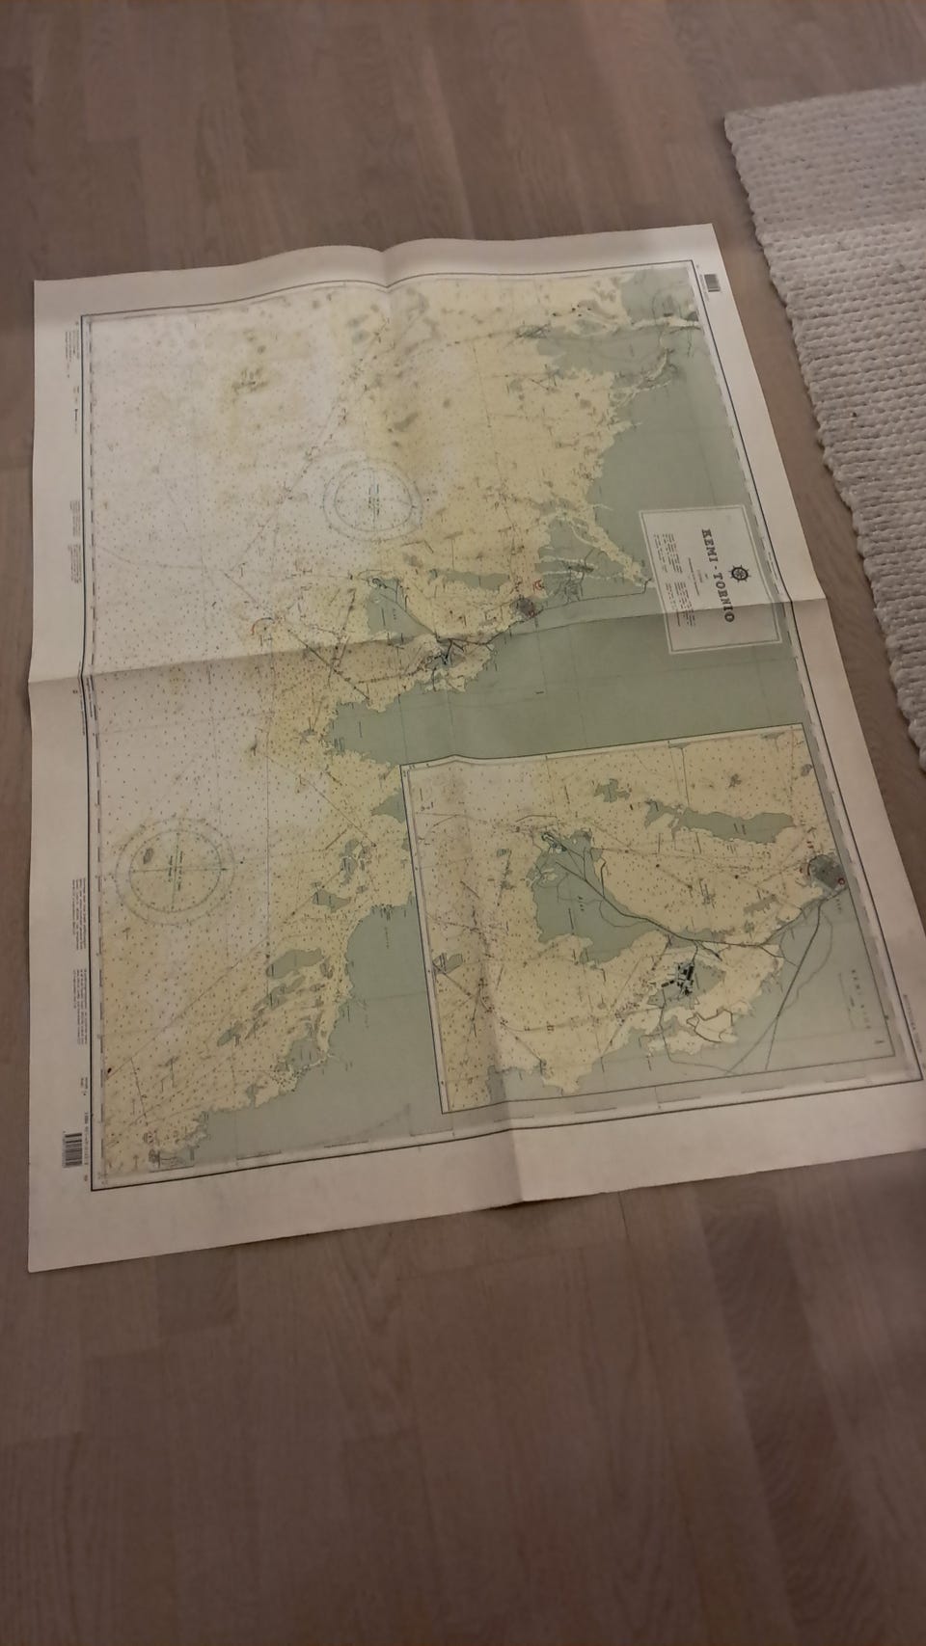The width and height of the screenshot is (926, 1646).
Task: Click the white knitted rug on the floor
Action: pyautogui.click(x=839, y=318)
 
